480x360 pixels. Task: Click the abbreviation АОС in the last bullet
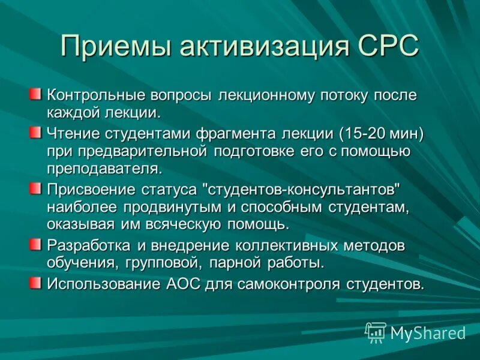pos(182,283)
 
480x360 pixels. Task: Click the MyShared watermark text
pos(428,333)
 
